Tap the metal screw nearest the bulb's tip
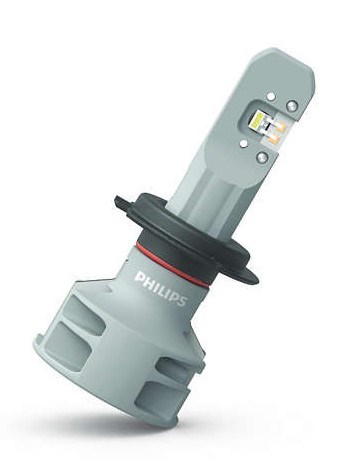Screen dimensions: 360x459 click(x=292, y=106)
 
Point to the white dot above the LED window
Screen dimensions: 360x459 click(x=271, y=97)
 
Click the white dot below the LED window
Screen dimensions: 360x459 click(x=244, y=144)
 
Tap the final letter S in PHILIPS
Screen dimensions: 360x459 click(x=182, y=300)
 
